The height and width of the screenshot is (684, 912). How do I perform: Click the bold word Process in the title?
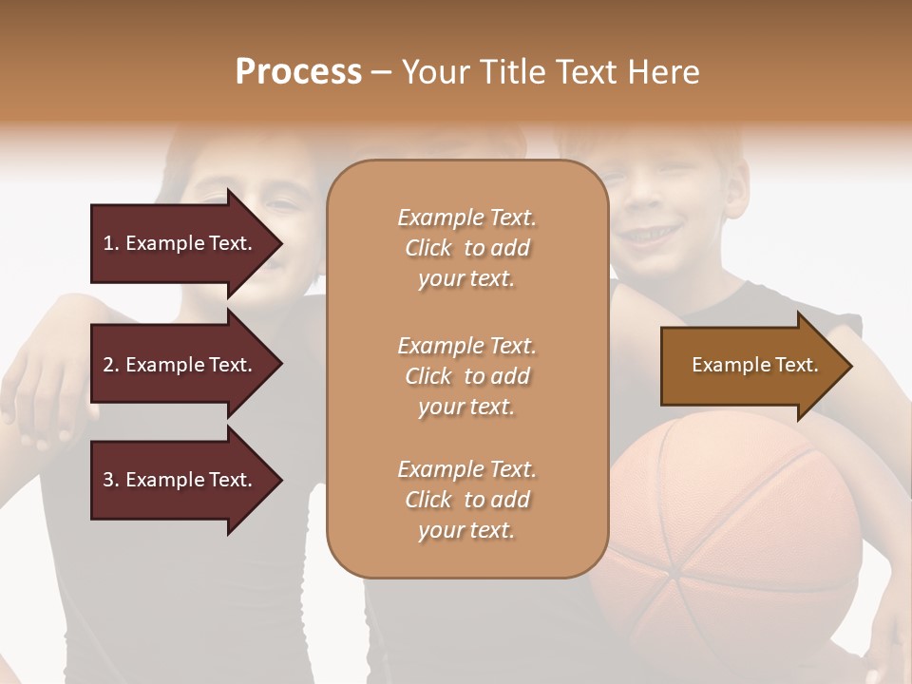pos(298,72)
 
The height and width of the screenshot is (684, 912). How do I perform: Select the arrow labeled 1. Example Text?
pos(180,243)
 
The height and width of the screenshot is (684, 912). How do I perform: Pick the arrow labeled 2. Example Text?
pos(180,365)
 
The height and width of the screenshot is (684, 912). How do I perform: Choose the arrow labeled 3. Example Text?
pos(180,480)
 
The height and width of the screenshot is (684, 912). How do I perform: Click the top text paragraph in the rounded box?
pos(466,248)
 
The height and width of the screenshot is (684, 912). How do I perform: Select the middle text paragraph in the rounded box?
pos(466,376)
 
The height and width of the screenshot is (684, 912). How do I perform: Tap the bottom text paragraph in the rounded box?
pos(466,500)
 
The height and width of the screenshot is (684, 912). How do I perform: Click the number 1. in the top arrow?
pos(111,243)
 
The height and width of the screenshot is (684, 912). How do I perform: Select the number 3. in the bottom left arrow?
pos(111,480)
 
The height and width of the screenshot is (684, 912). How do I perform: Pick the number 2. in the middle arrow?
pos(111,365)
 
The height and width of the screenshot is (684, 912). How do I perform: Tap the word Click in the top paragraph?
pos(428,248)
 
